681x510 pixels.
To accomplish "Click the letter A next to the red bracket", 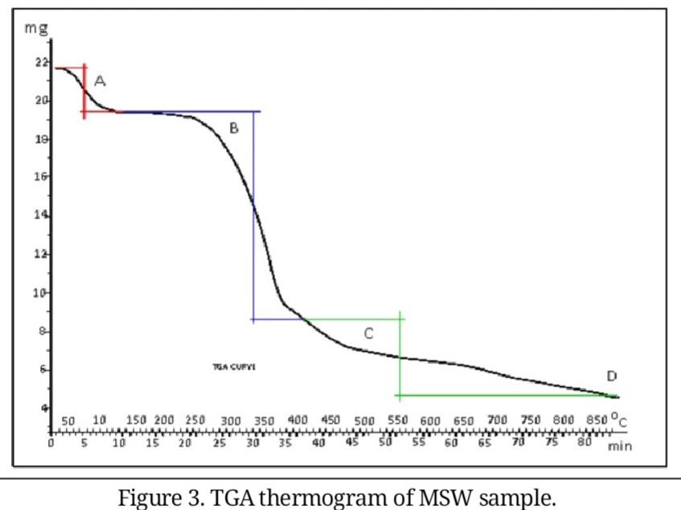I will [100, 81].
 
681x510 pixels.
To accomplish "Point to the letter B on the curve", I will [234, 128].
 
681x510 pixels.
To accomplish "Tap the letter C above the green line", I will [368, 334].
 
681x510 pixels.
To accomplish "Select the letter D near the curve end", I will [612, 376].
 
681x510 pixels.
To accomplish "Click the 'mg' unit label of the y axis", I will [35, 28].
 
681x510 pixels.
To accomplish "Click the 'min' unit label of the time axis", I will [619, 446].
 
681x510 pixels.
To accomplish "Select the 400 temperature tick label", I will [298, 421].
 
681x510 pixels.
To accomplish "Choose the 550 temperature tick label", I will [398, 421].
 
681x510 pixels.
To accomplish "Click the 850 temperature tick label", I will [596, 420].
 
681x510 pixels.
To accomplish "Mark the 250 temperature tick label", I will [195, 421].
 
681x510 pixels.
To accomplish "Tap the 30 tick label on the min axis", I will [252, 442].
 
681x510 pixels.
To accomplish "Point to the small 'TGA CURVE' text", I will [228, 366].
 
